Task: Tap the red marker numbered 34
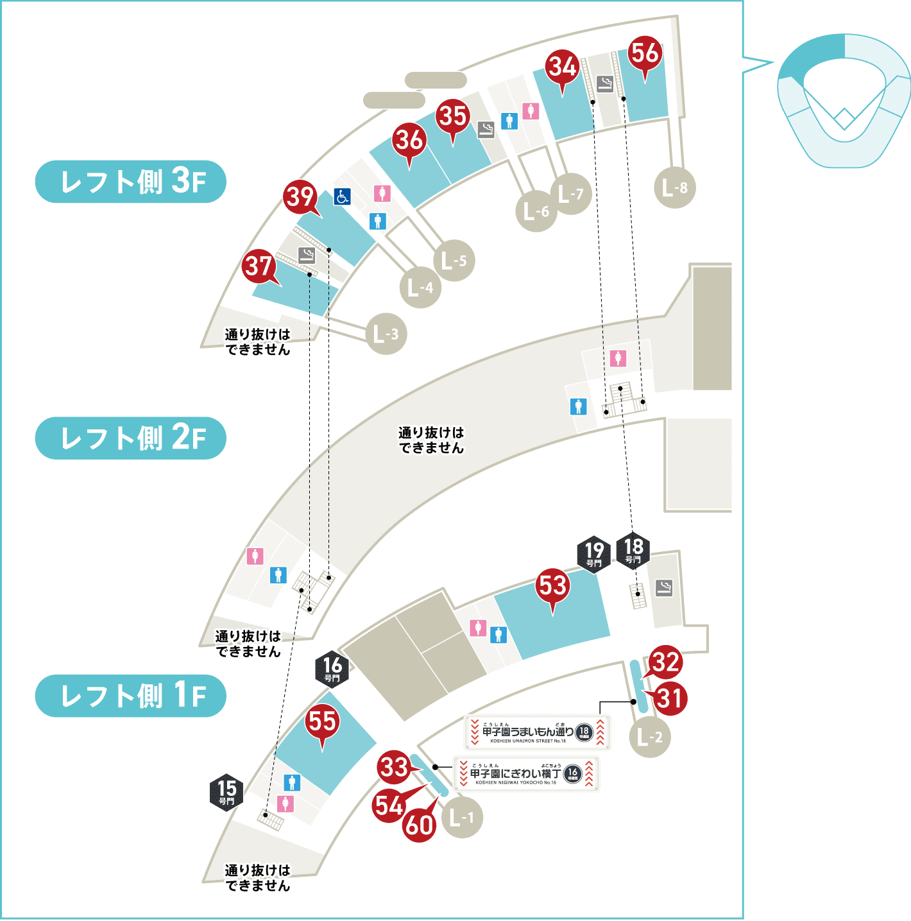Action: (563, 67)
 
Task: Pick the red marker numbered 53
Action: (552, 587)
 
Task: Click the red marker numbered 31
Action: (670, 698)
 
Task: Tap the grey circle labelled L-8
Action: (675, 188)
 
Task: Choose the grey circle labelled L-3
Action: (386, 334)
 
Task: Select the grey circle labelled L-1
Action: (462, 818)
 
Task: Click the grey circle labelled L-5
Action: (454, 261)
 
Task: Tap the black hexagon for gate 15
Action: (226, 792)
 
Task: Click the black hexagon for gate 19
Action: (594, 553)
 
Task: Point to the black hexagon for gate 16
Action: (332, 669)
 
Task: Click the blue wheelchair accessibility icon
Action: (343, 197)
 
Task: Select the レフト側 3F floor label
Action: (131, 182)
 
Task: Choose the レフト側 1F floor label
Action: (131, 696)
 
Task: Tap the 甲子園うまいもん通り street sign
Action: (537, 732)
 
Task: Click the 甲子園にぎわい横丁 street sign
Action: (526, 774)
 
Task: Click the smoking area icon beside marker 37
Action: (307, 255)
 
